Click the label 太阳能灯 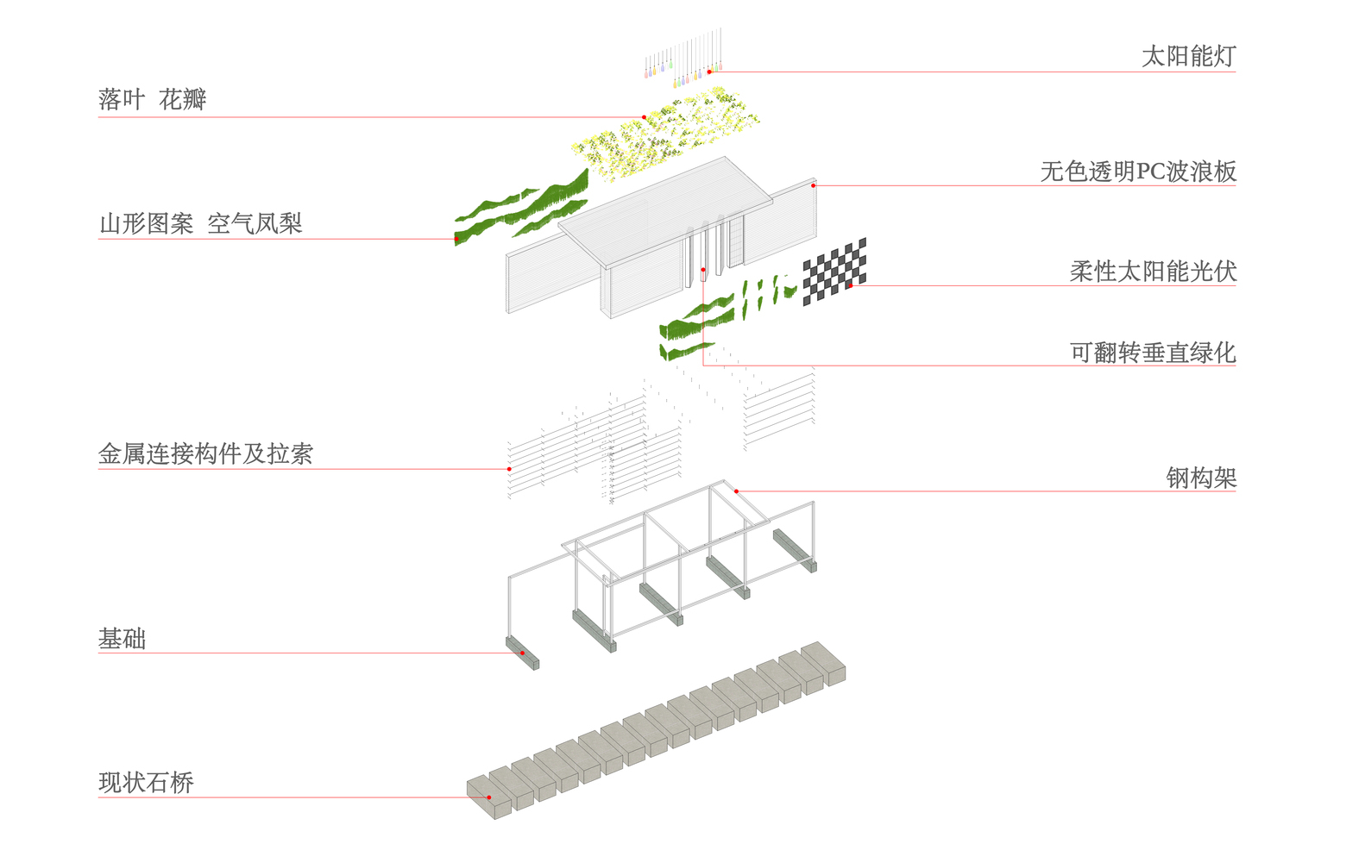tap(1188, 57)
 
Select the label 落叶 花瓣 tap(152, 100)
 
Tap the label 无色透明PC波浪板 tap(1137, 172)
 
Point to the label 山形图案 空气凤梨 tap(200, 224)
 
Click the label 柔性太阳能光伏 tap(1152, 272)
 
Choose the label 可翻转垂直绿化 tap(1152, 353)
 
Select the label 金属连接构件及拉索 tap(205, 454)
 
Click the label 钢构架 tap(1200, 478)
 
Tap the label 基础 tap(122, 639)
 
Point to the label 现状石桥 tap(146, 783)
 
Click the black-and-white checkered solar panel tap(833, 271)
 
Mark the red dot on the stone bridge tap(489, 797)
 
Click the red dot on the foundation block tap(522, 653)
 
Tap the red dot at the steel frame tap(736, 491)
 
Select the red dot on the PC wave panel tap(813, 185)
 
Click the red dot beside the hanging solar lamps tap(709, 72)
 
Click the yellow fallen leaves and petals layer tap(664, 135)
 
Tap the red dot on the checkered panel tap(849, 285)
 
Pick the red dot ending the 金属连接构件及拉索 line tap(509, 469)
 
